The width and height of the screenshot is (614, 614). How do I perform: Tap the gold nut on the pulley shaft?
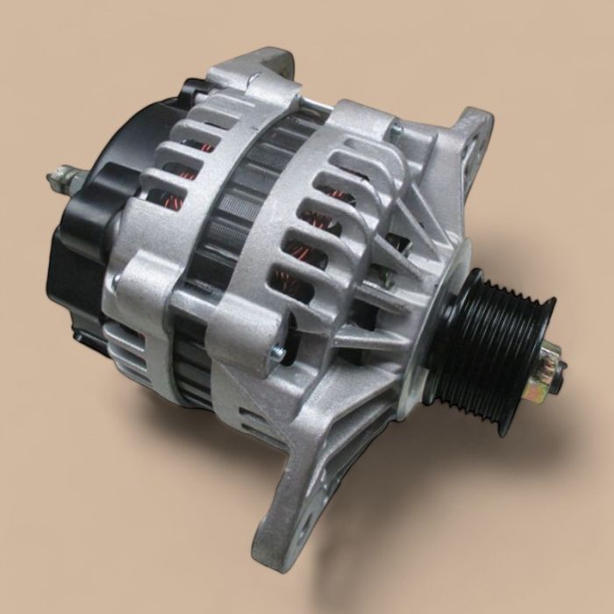tap(546, 368)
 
